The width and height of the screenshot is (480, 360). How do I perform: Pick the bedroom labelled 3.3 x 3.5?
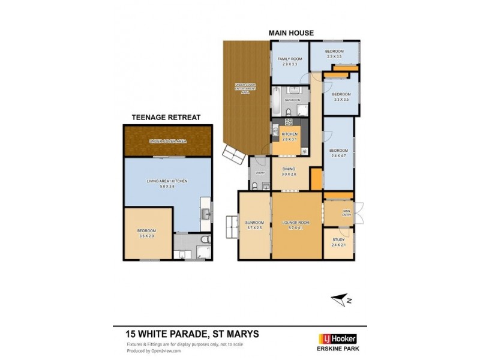[341, 97]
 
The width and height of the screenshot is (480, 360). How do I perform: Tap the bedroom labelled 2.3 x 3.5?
[334, 54]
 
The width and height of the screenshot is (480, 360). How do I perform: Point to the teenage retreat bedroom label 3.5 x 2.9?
[146, 233]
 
